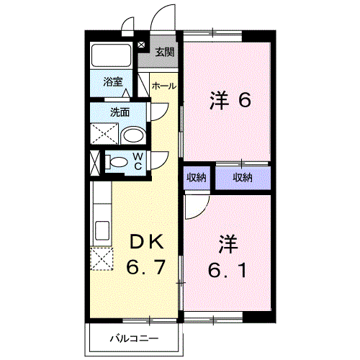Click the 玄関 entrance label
[165, 52]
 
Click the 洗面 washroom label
[120, 112]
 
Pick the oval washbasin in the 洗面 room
[131, 135]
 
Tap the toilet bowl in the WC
[116, 162]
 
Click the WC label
[137, 162]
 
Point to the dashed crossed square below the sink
[102, 256]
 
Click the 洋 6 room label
[230, 100]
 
